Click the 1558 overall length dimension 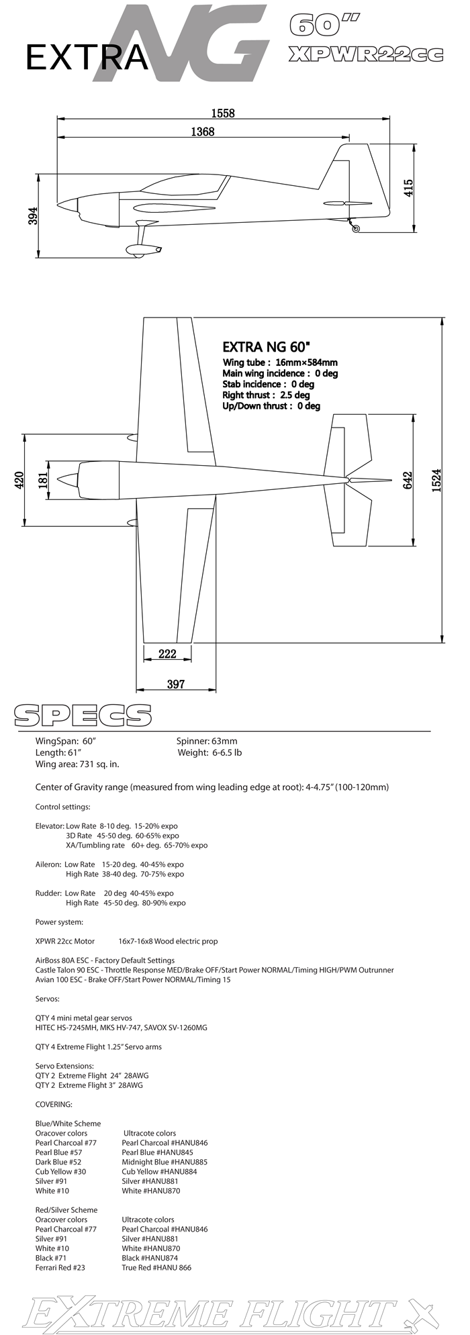point(223,113)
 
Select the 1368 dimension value point(202,132)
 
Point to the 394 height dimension point(33,216)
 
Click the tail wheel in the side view point(356,229)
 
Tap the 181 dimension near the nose point(43,481)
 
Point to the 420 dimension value point(19,481)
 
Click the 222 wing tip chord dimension point(167,654)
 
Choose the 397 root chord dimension point(175,684)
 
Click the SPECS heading point(83,715)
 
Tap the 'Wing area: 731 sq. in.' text point(77,764)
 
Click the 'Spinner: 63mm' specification point(207,741)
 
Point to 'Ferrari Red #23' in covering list point(60,1268)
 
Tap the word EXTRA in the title point(86,58)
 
